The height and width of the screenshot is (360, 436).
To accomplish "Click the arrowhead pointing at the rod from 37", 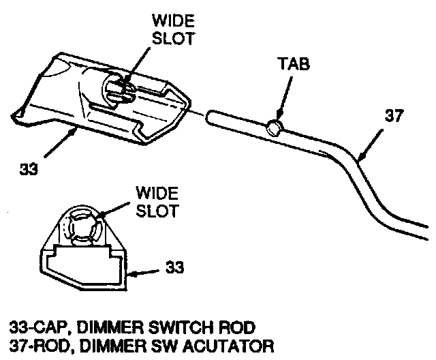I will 360,159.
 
